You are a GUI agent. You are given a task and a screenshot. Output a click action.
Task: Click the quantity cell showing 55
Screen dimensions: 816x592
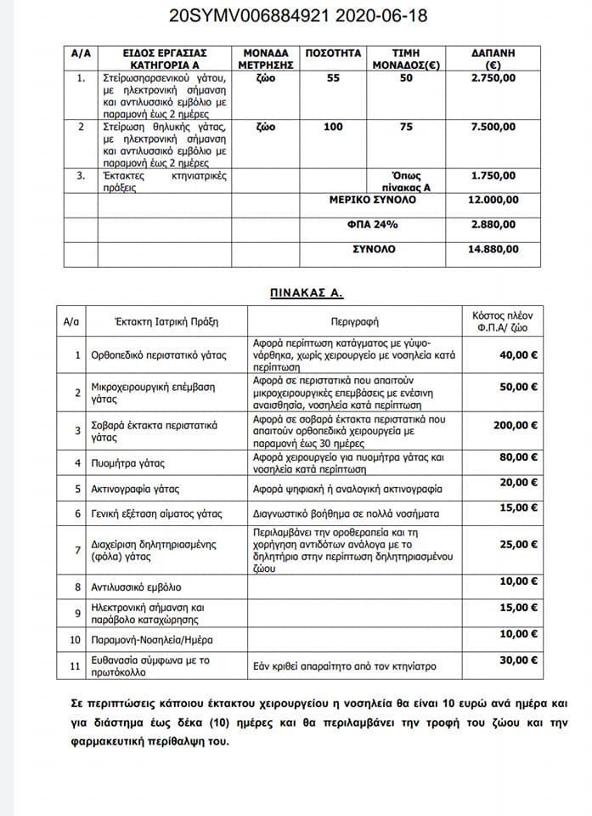(333, 78)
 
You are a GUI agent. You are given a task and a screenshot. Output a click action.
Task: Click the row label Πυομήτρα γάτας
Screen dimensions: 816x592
(127, 463)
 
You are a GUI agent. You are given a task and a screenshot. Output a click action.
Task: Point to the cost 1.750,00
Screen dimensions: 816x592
(493, 176)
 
